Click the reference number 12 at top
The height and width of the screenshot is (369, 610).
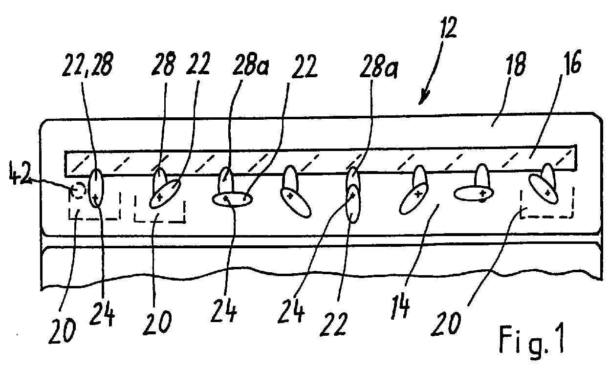(447, 28)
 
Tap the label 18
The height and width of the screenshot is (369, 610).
(515, 65)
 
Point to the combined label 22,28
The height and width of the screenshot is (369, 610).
(87, 65)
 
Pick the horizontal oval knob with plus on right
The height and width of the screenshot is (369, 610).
(474, 194)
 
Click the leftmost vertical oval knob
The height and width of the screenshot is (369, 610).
(97, 188)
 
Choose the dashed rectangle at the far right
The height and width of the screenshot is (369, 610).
(547, 203)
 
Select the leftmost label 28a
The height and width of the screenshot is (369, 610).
(250, 65)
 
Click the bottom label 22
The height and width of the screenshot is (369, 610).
(333, 324)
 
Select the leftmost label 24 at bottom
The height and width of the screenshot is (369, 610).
(102, 314)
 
